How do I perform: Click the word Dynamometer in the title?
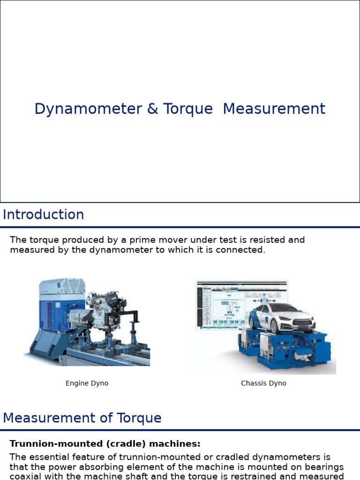pyautogui.click(x=88, y=109)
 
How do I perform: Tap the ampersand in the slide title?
pyautogui.click(x=152, y=109)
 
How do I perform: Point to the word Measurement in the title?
pyautogui.click(x=274, y=109)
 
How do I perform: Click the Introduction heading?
pyautogui.click(x=43, y=215)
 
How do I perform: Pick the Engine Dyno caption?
pyautogui.click(x=87, y=383)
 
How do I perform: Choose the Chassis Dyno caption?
pyautogui.click(x=263, y=383)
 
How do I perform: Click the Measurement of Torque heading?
pyautogui.click(x=82, y=418)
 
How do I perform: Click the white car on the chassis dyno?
pyautogui.click(x=281, y=316)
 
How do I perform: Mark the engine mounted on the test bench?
pyautogui.click(x=105, y=309)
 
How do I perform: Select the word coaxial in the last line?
pyautogui.click(x=27, y=477)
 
